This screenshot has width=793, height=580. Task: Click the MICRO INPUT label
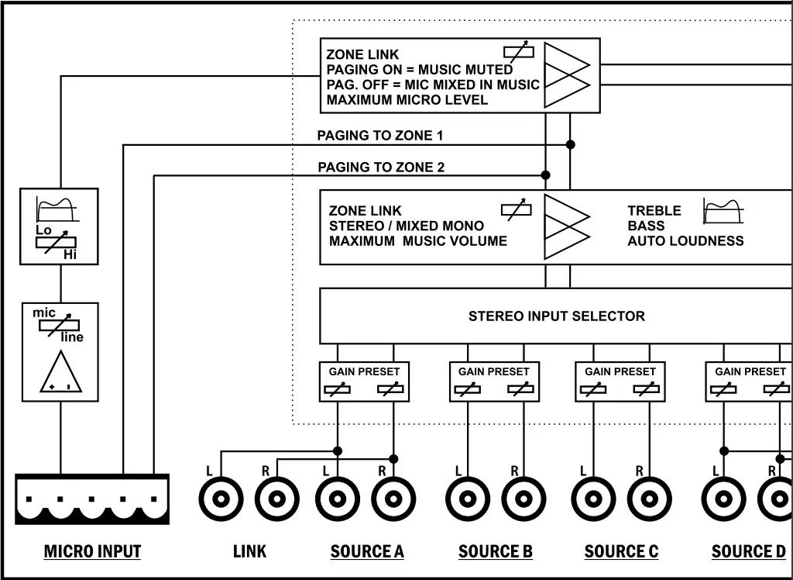(x=93, y=551)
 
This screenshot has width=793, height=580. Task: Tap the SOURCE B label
(x=496, y=551)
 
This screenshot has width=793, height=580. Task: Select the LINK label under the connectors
(x=250, y=551)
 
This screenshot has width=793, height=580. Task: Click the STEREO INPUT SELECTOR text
(x=556, y=316)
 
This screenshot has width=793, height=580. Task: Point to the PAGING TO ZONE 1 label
(x=379, y=135)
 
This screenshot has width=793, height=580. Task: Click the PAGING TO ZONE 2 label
(x=381, y=167)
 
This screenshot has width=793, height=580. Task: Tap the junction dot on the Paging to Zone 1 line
(x=571, y=144)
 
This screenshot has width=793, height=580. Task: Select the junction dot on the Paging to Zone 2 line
(x=545, y=175)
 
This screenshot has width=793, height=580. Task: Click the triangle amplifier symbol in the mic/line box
(x=60, y=371)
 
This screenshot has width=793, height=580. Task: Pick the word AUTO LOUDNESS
(x=685, y=240)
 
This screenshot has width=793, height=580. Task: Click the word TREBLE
(x=654, y=211)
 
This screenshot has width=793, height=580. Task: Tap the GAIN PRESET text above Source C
(x=620, y=371)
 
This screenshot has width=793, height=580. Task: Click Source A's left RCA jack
(x=338, y=499)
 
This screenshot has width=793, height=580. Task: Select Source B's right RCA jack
(x=524, y=499)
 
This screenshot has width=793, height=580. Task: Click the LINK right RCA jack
(x=277, y=499)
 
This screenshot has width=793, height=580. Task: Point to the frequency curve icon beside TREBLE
(x=723, y=211)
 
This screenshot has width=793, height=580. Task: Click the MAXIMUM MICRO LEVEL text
(x=407, y=100)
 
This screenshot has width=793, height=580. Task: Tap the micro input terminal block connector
(x=92, y=499)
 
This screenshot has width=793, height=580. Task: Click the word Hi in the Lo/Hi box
(x=70, y=255)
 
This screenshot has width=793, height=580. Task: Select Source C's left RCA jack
(x=594, y=499)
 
